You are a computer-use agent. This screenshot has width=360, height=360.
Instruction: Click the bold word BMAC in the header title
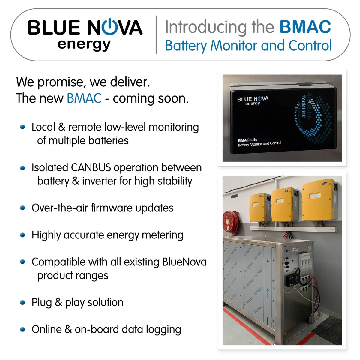pos(305,27)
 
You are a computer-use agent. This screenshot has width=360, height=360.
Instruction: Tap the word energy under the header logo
pos(84,45)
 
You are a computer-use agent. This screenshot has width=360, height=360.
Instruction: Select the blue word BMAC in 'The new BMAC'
pos(84,98)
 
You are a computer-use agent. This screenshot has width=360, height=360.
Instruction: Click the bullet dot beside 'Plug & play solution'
pos(22,303)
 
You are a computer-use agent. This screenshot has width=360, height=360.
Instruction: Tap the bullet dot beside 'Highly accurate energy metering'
pos(22,235)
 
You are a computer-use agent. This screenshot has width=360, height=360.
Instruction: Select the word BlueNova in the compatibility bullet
pos(184,262)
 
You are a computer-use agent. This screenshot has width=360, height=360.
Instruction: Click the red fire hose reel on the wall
pos(230,222)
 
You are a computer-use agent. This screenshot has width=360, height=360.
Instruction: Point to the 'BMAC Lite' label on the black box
pos(247,140)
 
